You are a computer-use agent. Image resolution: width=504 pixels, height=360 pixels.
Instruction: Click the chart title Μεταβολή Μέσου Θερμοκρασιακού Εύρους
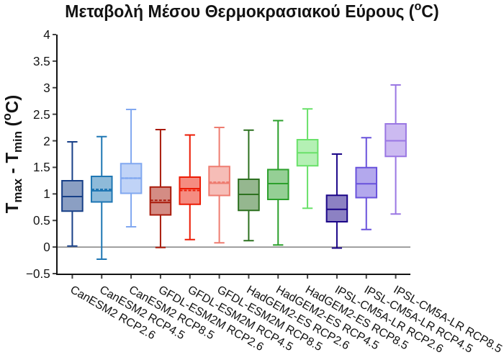pyautogui.click(x=251, y=12)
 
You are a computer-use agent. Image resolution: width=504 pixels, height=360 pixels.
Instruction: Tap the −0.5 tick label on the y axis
pyautogui.click(x=42, y=274)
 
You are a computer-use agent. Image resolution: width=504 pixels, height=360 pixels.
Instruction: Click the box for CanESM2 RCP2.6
pyautogui.click(x=72, y=196)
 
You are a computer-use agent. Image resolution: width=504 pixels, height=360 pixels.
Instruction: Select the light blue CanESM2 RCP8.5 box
pyautogui.click(x=131, y=179)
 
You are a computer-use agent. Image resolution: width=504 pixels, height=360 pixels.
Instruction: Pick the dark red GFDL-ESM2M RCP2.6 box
pyautogui.click(x=161, y=201)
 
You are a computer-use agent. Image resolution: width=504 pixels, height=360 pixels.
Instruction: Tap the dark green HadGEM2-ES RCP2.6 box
pyautogui.click(x=248, y=194)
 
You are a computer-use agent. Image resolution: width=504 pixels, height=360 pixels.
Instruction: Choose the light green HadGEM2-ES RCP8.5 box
pyautogui.click(x=307, y=153)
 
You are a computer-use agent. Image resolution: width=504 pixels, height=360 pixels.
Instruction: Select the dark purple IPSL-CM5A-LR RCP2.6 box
pyautogui.click(x=337, y=208)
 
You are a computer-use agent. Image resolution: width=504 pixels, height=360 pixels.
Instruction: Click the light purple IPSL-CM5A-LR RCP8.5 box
pyautogui.click(x=396, y=140)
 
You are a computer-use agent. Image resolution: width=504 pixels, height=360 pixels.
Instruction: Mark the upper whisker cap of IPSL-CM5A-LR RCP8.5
pyautogui.click(x=396, y=85)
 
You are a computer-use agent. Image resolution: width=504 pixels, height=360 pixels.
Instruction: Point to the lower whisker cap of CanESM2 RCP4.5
pyautogui.click(x=102, y=259)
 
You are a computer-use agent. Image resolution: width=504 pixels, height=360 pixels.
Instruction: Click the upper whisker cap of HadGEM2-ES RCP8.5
pyautogui.click(x=307, y=109)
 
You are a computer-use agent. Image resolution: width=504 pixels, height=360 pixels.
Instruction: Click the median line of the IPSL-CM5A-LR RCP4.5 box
pyautogui.click(x=366, y=184)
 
